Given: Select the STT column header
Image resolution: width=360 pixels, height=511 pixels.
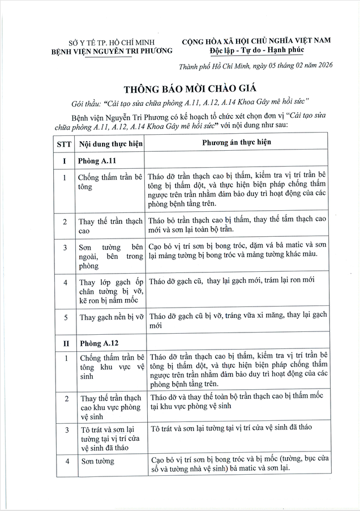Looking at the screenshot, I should pos(64,144).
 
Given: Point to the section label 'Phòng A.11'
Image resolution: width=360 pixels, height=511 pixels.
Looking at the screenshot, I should pos(97,161).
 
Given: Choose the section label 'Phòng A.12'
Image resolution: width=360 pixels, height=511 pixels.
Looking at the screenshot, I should pos(97,342).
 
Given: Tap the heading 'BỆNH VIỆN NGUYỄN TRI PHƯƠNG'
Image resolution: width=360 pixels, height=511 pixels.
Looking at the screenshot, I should pos(109,52).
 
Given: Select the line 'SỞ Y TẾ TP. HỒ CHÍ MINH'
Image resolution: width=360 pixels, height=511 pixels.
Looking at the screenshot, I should pos(109,43).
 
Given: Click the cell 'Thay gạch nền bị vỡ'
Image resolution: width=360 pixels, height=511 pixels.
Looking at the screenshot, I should pos(111,317).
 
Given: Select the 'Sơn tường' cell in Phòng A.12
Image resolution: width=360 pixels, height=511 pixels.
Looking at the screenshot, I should pos(97,461).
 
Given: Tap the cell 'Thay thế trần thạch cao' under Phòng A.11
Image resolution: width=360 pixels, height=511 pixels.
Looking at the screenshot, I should pos(111,225).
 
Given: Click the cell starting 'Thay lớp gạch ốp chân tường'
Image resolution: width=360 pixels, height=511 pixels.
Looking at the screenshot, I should pos(111,291).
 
